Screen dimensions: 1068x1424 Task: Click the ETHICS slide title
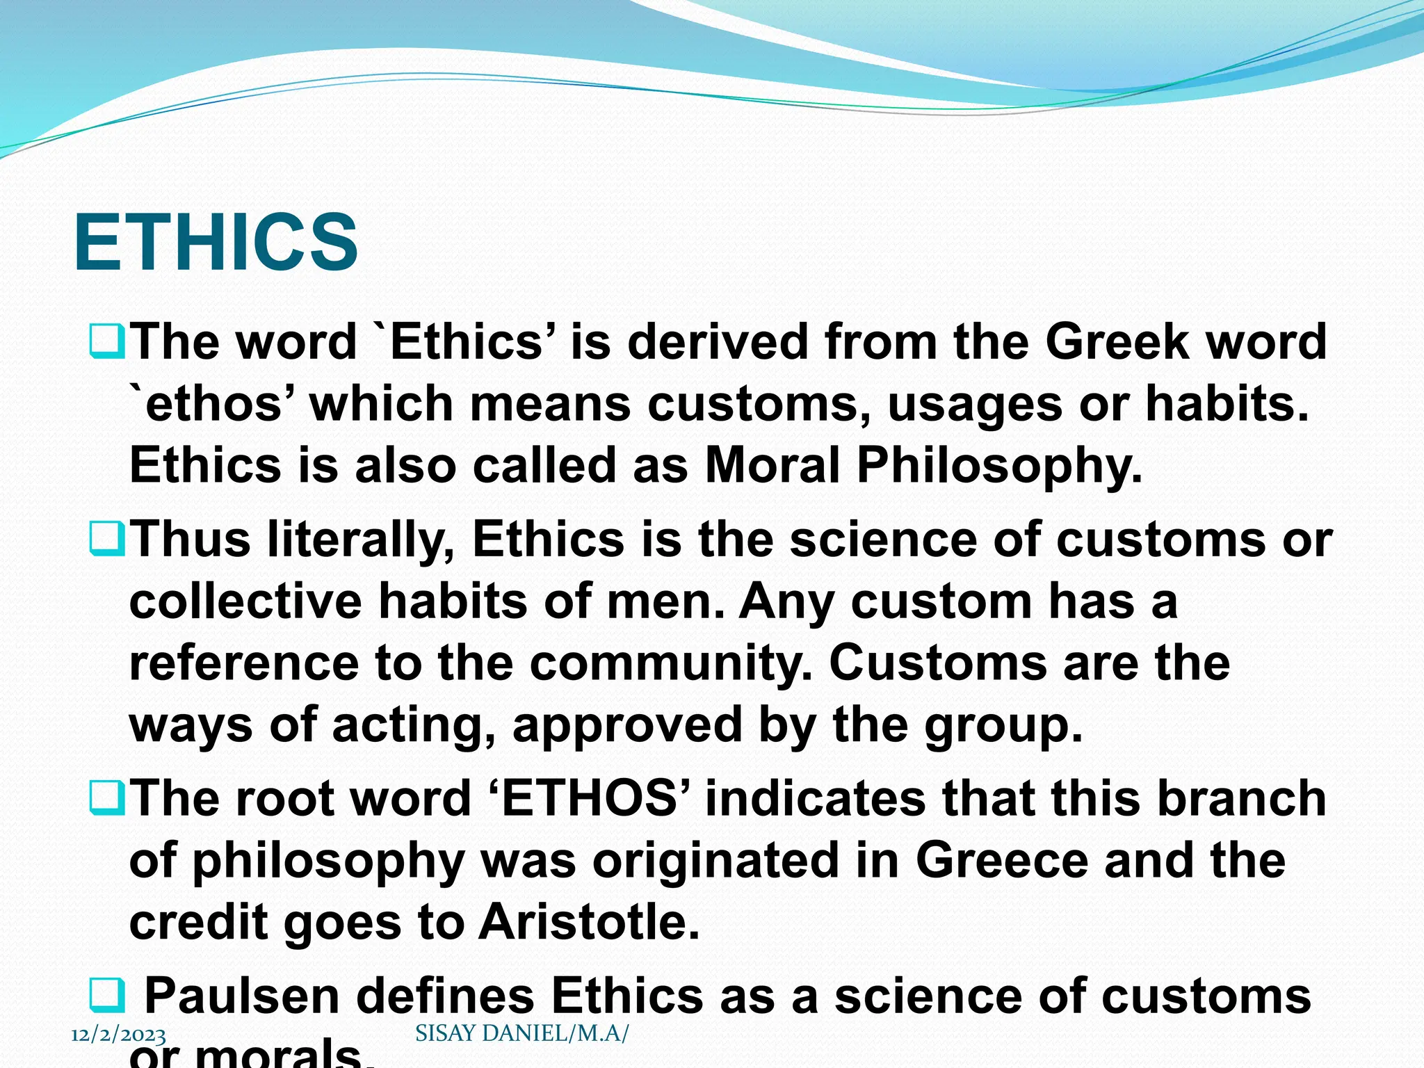pyautogui.click(x=216, y=243)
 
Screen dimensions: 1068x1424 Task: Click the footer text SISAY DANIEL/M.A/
pyautogui.click(x=521, y=1033)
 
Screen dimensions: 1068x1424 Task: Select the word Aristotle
pyautogui.click(x=589, y=922)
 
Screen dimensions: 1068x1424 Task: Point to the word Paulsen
pyautogui.click(x=241, y=996)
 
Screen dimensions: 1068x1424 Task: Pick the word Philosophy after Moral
pyautogui.click(x=1000, y=464)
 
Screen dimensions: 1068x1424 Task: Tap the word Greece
pyautogui.click(x=1001, y=860)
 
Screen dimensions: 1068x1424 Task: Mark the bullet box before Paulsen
pyautogui.click(x=106, y=996)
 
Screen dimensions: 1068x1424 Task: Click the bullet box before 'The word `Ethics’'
pyautogui.click(x=106, y=341)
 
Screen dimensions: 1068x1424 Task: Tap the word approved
pyautogui.click(x=627, y=725)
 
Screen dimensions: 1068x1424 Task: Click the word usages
pyautogui.click(x=975, y=403)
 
